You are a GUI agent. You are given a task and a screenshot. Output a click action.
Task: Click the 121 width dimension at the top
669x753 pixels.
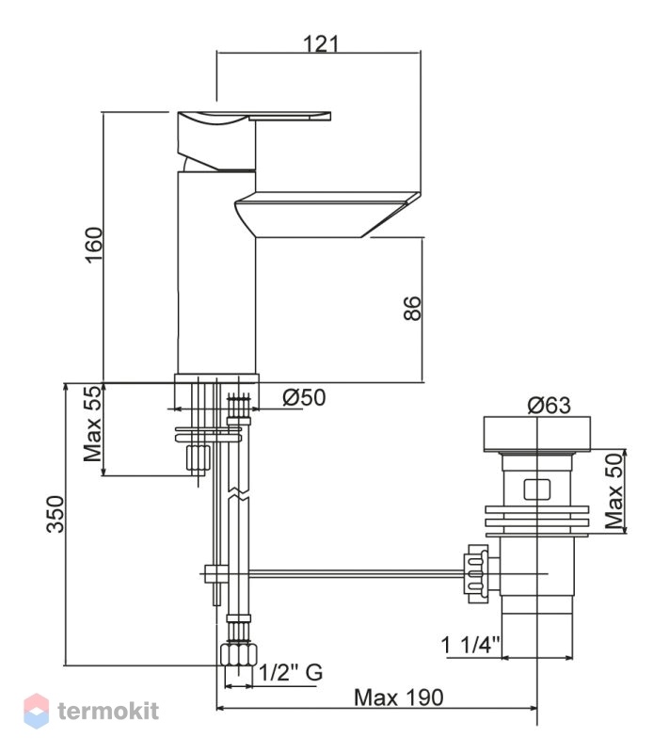[x=321, y=43]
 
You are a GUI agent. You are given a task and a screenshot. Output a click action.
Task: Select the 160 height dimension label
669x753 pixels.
[x=93, y=245]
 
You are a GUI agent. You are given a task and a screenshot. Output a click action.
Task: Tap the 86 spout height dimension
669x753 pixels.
[x=412, y=308]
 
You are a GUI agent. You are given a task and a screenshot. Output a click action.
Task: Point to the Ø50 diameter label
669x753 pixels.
[x=304, y=397]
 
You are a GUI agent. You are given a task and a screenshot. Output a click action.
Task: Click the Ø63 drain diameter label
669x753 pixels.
[x=550, y=406]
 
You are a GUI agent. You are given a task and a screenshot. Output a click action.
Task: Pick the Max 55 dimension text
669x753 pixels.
[x=93, y=424]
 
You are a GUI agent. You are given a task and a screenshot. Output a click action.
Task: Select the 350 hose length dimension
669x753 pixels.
[x=56, y=514]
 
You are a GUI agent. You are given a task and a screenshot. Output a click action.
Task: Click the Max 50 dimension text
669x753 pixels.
[x=614, y=490]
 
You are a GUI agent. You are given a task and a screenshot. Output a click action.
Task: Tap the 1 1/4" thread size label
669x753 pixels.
[x=470, y=645]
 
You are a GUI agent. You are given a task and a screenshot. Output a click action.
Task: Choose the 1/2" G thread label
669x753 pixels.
[x=292, y=672]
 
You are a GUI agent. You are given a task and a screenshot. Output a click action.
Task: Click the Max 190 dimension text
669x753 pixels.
[x=398, y=697]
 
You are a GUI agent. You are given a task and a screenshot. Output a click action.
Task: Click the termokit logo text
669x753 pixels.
[x=108, y=711]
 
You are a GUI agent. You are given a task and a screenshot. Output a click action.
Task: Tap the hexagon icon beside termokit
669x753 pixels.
[x=37, y=711]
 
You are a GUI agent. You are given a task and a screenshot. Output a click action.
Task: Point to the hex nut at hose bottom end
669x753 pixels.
[x=238, y=655]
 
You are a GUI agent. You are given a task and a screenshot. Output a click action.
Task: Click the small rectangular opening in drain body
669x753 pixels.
[x=537, y=489]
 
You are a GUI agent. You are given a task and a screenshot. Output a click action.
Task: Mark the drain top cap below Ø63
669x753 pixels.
[x=537, y=434]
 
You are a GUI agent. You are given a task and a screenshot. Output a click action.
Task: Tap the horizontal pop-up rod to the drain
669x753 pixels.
[x=355, y=572]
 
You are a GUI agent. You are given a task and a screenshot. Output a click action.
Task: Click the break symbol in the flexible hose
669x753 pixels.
[x=238, y=495]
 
